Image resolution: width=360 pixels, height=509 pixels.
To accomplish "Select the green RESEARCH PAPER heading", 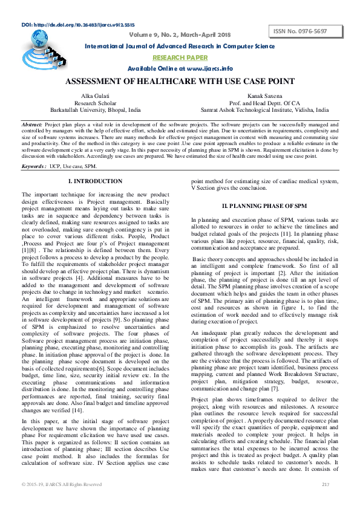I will click(x=180, y=57).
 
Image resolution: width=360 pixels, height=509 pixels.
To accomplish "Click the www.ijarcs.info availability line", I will click(x=180, y=68).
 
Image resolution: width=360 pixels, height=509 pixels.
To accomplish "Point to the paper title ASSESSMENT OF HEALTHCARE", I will click(x=180, y=82).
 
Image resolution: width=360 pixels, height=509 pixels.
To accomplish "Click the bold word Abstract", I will click(x=31, y=123).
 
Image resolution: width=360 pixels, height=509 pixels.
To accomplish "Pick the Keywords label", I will click(x=33, y=165).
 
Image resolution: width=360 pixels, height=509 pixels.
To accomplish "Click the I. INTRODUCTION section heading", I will click(x=95, y=181).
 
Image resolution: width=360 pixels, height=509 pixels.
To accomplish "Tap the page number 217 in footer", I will click(x=326, y=485).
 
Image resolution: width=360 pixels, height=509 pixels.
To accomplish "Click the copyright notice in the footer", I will click(x=62, y=485).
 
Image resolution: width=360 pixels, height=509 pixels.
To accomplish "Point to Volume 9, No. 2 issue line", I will click(x=180, y=34).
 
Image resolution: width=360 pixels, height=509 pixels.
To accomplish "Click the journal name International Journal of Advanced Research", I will click(x=180, y=46).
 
